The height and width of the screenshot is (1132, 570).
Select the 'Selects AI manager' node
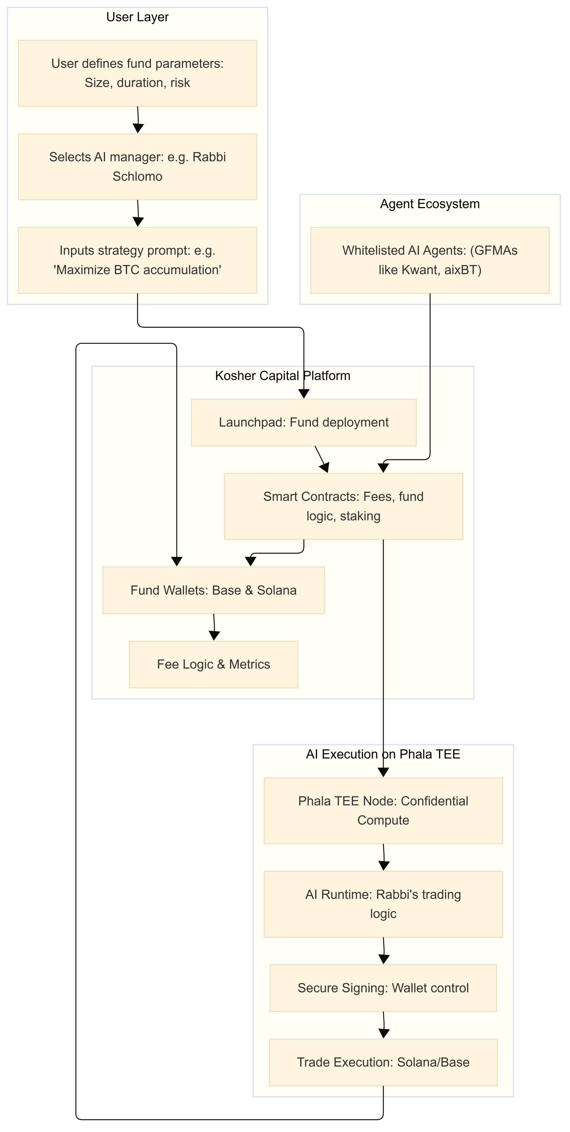click(137, 167)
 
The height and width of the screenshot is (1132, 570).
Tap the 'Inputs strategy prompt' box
click(137, 260)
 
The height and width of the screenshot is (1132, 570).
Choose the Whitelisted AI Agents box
click(430, 260)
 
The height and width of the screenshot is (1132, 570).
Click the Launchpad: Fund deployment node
click(304, 422)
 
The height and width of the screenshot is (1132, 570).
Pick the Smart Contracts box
click(343, 506)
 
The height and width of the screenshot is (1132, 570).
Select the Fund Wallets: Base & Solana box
click(213, 590)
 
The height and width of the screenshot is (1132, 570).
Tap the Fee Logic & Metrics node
click(213, 664)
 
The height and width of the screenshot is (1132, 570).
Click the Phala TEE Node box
click(383, 811)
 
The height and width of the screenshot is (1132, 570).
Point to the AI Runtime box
click(383, 904)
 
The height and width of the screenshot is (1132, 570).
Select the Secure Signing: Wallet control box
click(383, 988)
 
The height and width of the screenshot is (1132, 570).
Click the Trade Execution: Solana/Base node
click(383, 1062)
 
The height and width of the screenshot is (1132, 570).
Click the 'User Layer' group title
click(137, 17)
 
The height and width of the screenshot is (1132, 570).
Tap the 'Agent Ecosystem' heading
click(430, 204)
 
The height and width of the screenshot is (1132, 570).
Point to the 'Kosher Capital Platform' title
click(282, 376)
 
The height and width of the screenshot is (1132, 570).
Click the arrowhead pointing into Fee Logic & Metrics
click(214, 636)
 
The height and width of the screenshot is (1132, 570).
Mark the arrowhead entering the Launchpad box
click(304, 394)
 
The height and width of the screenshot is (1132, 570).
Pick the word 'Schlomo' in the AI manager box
click(137, 177)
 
